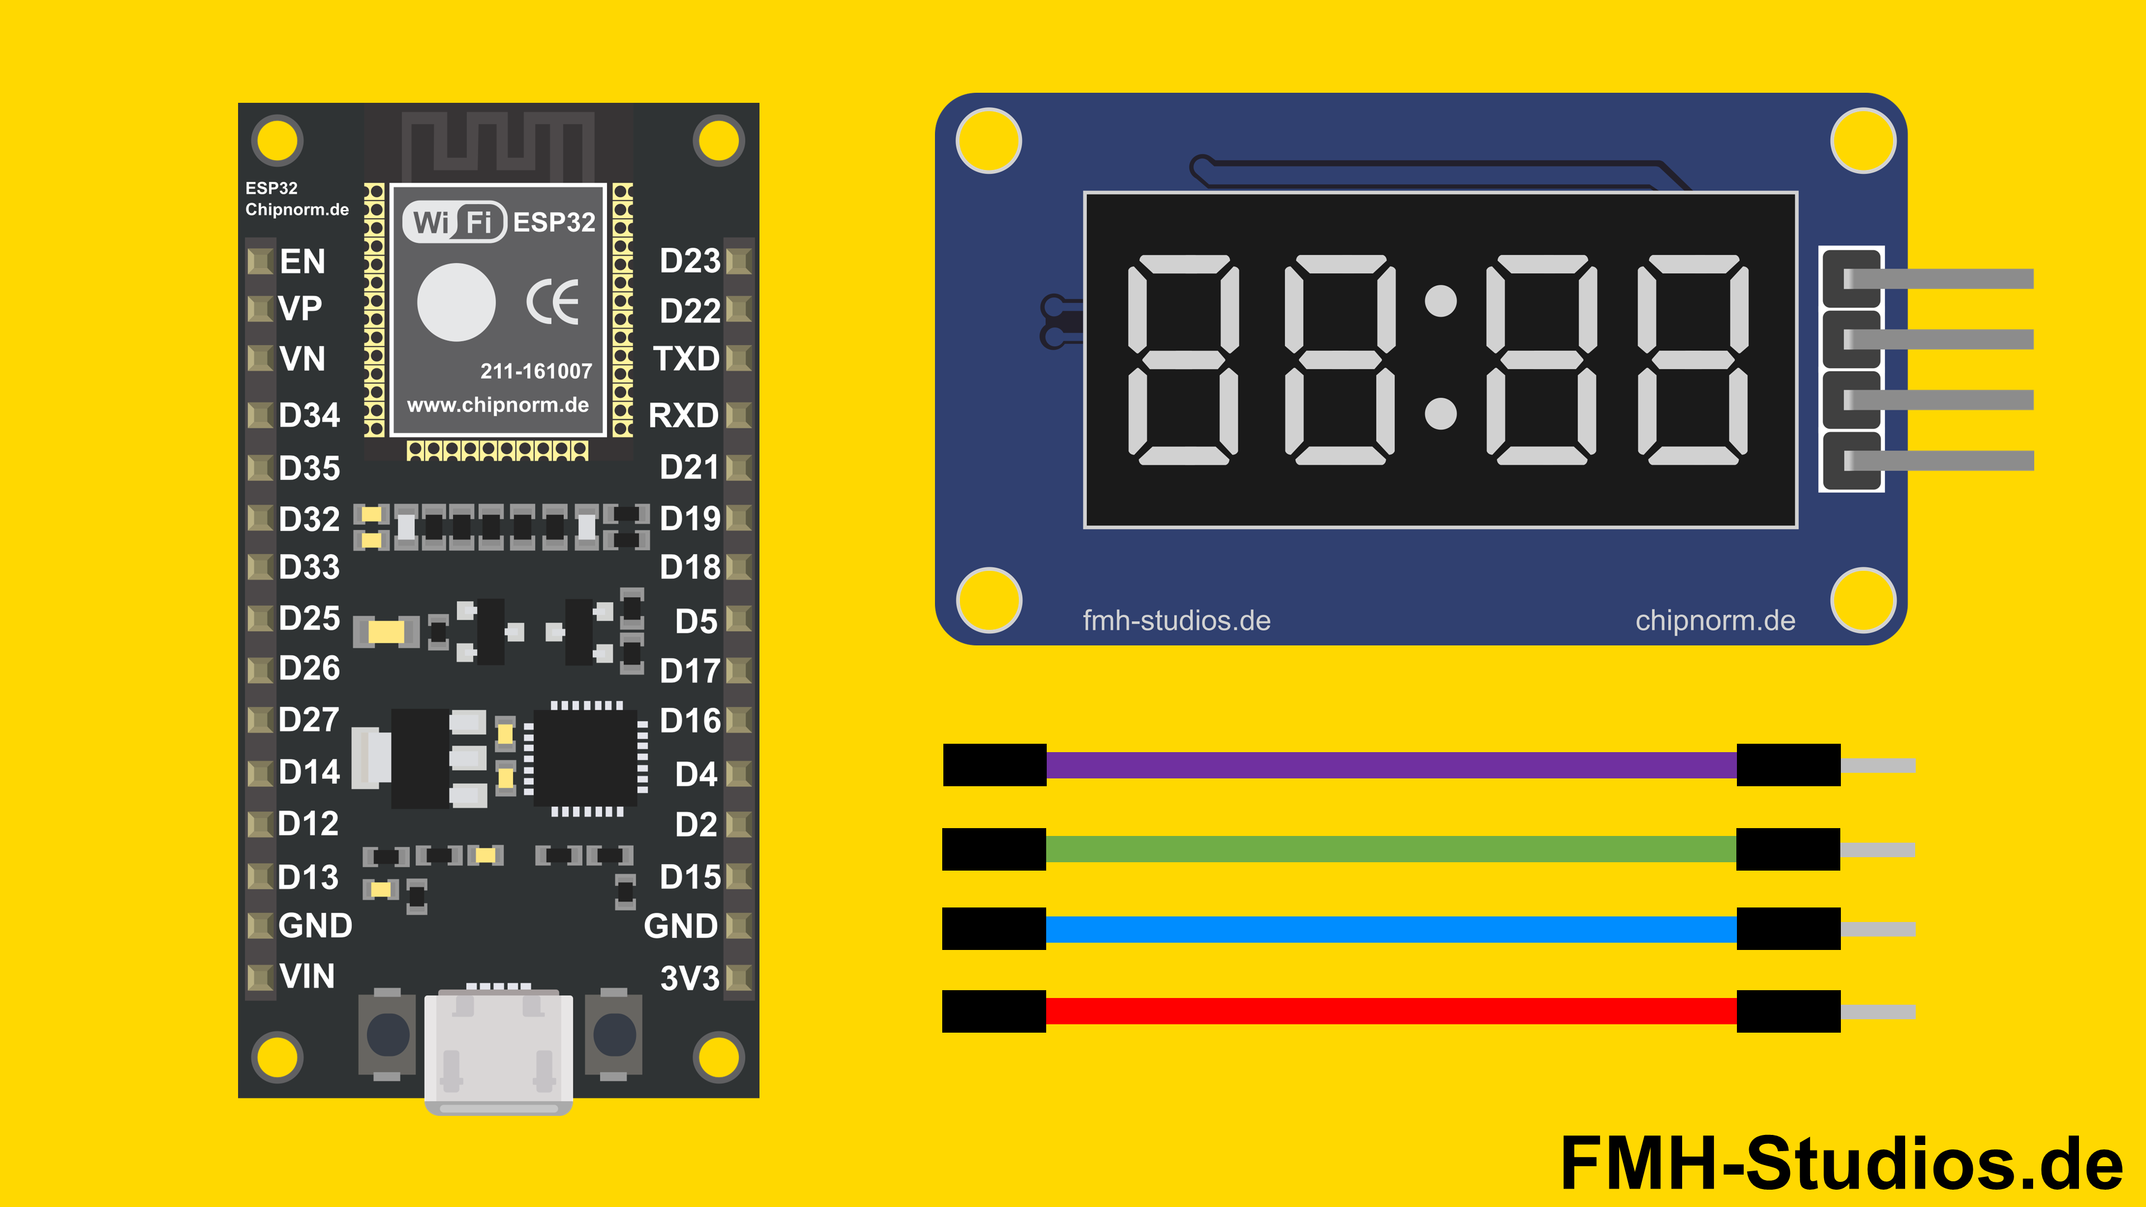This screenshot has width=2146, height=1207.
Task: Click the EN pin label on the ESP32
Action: tap(302, 262)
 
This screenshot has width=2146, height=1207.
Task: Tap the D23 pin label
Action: tap(689, 262)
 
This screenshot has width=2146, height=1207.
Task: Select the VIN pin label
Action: tap(307, 976)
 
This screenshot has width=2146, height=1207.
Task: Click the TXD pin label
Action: tap(686, 359)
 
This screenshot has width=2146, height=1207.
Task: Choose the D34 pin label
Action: tap(309, 415)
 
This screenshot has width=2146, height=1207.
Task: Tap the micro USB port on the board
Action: tap(498, 1051)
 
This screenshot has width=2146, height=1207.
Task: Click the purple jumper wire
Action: tap(1391, 764)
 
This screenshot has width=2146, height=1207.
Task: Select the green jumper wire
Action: tap(1391, 849)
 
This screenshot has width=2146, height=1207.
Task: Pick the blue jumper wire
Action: tap(1391, 929)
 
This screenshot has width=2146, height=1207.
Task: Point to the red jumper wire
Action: tap(1391, 1011)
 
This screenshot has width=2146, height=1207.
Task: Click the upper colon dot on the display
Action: tap(1440, 301)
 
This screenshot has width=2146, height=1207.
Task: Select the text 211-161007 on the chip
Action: tap(536, 372)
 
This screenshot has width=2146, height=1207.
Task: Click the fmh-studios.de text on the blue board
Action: tap(1176, 621)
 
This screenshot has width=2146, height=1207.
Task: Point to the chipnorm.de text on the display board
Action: tap(1715, 621)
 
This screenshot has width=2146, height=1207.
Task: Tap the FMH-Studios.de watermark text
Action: tap(1841, 1163)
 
